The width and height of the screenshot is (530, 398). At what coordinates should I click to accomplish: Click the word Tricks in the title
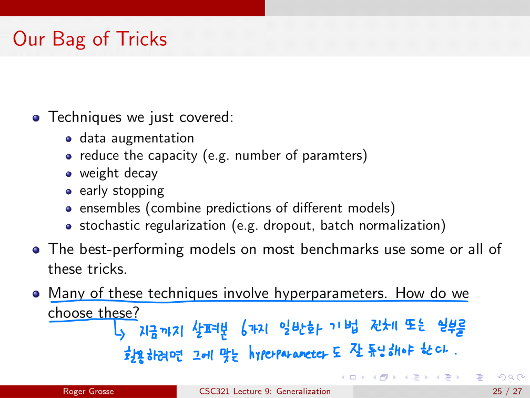pos(141,38)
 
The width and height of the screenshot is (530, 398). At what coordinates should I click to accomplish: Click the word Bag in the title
pos(69,40)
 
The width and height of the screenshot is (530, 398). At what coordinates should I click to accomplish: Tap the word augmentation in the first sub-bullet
pos(152,138)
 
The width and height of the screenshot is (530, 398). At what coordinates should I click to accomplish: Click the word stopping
pos(138,191)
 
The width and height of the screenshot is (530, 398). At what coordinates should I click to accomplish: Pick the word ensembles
pos(110,208)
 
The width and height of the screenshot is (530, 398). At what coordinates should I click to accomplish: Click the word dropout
pos(288,226)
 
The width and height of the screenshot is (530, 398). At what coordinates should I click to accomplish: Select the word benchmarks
pos(339,249)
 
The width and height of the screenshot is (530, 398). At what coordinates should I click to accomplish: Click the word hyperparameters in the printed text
pos(330,293)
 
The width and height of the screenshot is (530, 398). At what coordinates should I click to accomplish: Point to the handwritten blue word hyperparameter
pos(288,353)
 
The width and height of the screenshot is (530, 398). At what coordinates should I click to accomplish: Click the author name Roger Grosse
pos(88,391)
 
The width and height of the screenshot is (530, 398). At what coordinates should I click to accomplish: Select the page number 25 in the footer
pos(497,391)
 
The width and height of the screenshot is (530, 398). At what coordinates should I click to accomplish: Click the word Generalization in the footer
pos(303,391)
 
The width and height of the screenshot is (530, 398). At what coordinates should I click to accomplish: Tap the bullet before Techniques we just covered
pos(36,118)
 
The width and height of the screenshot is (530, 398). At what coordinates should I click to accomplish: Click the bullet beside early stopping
pos(68,192)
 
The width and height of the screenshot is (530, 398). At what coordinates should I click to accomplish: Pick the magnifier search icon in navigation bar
pos(512,377)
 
